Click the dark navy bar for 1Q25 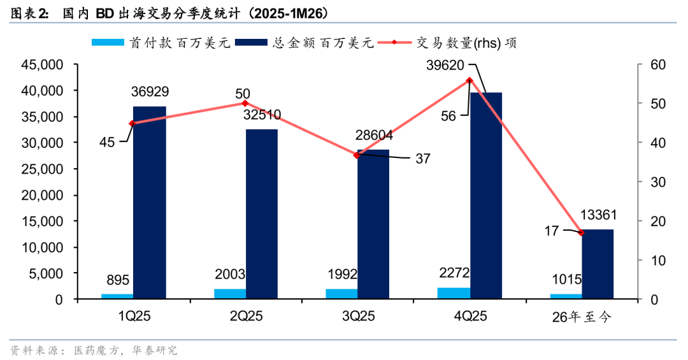click(x=150, y=203)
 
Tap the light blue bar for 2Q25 click(x=229, y=294)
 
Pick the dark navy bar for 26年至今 click(x=598, y=264)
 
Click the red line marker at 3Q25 click(x=357, y=155)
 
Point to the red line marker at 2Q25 click(x=245, y=103)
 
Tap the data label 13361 click(x=598, y=215)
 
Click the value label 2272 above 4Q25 click(x=454, y=273)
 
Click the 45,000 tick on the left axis click(x=41, y=65)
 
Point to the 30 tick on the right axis click(x=650, y=182)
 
